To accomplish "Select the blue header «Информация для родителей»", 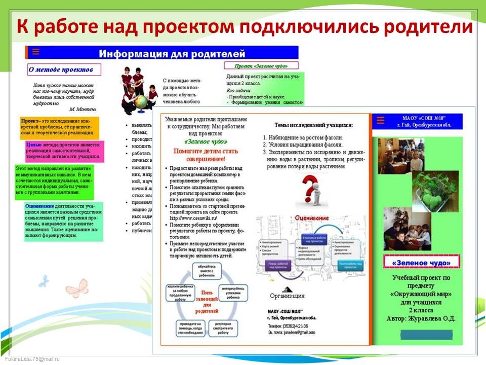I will coord(172,54).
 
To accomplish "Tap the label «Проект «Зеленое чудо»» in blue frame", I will coord(261,66).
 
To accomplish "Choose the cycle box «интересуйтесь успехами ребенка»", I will coord(233,294).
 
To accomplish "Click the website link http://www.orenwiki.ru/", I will coord(190,218).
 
